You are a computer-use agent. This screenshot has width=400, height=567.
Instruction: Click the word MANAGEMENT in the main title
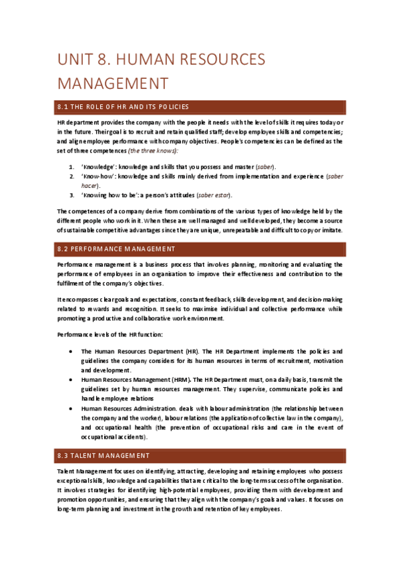tap(112, 84)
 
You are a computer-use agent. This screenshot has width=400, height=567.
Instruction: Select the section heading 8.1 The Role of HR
tap(124, 106)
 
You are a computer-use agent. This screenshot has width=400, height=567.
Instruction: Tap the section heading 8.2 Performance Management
tap(116, 249)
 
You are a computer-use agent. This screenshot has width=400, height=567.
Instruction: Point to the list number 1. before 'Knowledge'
tap(72, 166)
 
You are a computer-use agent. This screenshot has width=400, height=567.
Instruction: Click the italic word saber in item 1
tap(264, 166)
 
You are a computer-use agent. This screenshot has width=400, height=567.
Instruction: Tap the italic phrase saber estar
tap(216, 195)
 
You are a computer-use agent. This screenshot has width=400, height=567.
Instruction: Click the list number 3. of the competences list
tap(72, 195)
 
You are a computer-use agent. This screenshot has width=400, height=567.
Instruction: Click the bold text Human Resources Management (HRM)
tap(136, 379)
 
